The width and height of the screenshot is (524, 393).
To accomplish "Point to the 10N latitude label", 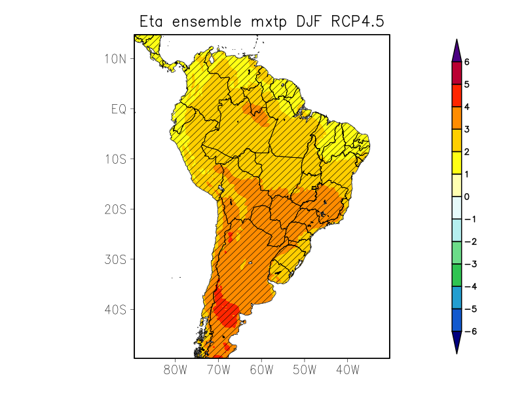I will [115, 58].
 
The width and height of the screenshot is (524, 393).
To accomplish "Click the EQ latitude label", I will [119, 109].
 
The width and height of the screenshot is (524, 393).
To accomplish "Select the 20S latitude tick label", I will [115, 209].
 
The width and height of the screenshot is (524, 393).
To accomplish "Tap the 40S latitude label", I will [115, 309].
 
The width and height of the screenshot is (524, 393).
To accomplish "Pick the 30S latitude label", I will [115, 259].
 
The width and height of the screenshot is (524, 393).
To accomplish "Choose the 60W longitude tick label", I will [261, 369].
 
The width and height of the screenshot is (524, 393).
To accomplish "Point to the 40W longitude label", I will [347, 369].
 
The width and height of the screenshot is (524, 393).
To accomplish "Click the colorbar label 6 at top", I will [467, 62].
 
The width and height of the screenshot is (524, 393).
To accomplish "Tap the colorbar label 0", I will [467, 196].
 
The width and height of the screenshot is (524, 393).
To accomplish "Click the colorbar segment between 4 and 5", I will [457, 96].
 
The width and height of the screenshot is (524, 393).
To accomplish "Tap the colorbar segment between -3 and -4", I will [457, 275].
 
